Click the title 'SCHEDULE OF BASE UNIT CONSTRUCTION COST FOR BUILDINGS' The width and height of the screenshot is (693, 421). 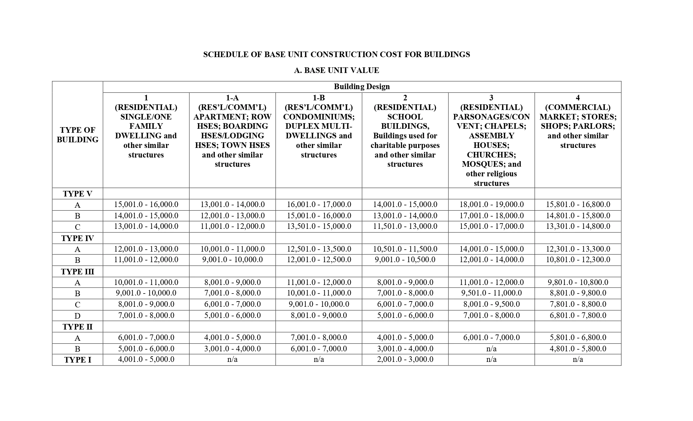336,54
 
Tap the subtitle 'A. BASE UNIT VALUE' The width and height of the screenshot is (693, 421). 336,70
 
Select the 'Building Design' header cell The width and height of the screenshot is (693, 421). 362,87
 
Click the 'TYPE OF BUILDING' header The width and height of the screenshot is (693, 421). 78,135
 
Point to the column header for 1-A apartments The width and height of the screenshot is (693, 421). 232,131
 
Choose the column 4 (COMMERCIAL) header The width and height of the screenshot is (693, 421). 577,122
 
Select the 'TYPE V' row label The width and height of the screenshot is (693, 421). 78,194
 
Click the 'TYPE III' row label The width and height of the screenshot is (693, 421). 78,272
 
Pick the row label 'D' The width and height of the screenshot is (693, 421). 78,316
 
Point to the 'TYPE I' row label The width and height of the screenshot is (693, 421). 78,360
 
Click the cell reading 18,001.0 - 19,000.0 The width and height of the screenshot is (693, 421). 491,204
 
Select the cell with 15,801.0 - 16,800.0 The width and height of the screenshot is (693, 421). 578,204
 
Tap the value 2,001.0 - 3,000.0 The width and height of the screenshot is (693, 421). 405,359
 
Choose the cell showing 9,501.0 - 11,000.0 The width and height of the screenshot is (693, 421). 491,293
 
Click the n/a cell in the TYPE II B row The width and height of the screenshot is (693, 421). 491,349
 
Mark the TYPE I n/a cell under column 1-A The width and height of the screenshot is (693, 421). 232,359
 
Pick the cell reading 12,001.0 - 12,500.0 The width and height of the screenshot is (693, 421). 319,260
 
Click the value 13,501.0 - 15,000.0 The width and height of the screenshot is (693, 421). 319,226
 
